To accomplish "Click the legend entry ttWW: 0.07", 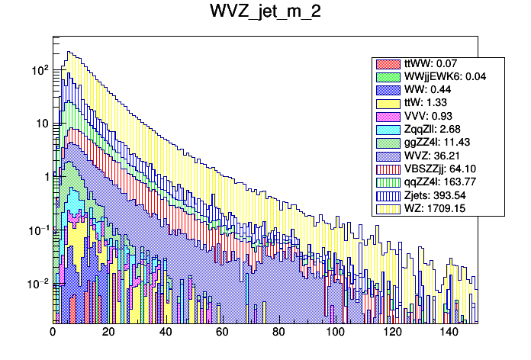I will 432,64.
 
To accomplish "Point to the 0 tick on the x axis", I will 53,332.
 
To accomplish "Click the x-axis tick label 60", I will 222,332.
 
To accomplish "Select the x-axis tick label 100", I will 335,332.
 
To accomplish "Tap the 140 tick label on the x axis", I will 448,332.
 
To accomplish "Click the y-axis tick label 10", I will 41,124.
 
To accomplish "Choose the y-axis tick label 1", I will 45,177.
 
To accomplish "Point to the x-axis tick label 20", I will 109,332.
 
